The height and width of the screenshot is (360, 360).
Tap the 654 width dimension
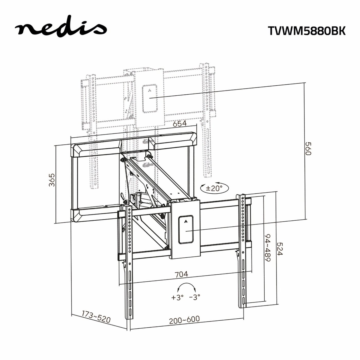179,124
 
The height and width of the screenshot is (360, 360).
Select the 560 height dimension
308,149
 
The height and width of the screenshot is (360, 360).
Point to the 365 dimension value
52,180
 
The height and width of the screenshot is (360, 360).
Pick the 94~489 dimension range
268,248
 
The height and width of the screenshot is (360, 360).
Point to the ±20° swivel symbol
214,188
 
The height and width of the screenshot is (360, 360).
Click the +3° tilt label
177,298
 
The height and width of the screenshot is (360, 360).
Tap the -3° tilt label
195,298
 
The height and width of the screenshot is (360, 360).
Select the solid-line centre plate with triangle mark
186,229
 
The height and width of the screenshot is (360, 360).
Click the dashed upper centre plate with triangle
150,98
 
